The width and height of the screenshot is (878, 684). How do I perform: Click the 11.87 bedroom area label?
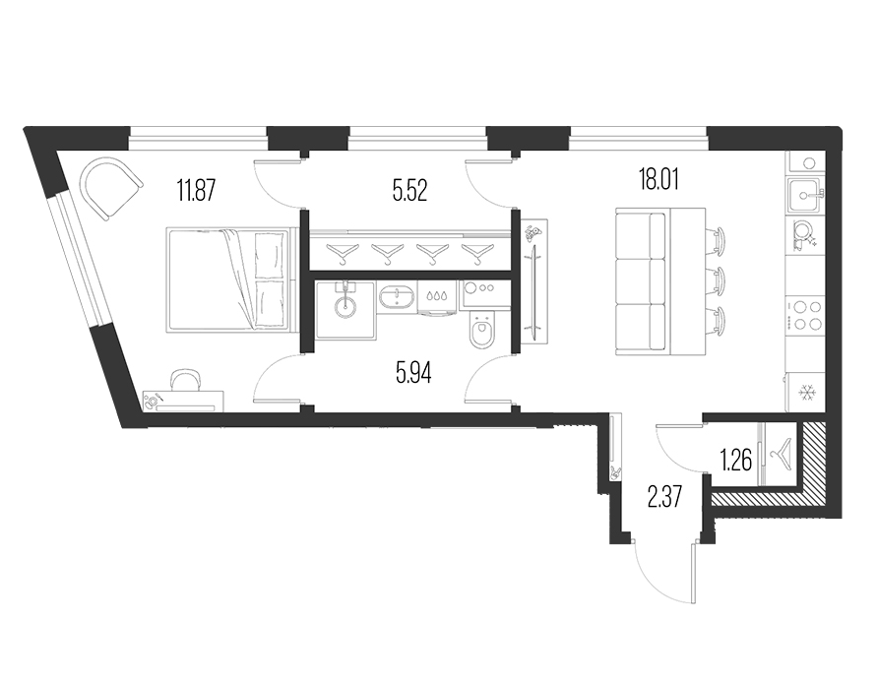(196, 190)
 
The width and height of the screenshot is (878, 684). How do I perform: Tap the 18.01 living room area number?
(659, 180)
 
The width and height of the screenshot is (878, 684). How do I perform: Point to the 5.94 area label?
(413, 372)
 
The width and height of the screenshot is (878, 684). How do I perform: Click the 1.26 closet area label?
(736, 461)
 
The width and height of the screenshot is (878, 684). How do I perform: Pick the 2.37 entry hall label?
(664, 496)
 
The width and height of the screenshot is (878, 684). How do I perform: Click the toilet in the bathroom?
(481, 331)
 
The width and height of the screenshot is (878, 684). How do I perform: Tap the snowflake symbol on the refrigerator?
(807, 393)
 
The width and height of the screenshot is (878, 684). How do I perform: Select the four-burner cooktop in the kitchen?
(804, 315)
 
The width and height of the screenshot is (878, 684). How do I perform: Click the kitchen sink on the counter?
(804, 195)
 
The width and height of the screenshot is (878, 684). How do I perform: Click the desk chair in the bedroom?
(186, 380)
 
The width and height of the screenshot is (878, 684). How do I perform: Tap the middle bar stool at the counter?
(717, 279)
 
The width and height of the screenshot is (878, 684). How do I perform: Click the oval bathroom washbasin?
(397, 296)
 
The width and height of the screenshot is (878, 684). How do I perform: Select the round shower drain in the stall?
(345, 307)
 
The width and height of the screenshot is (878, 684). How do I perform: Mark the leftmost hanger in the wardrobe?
(343, 253)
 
